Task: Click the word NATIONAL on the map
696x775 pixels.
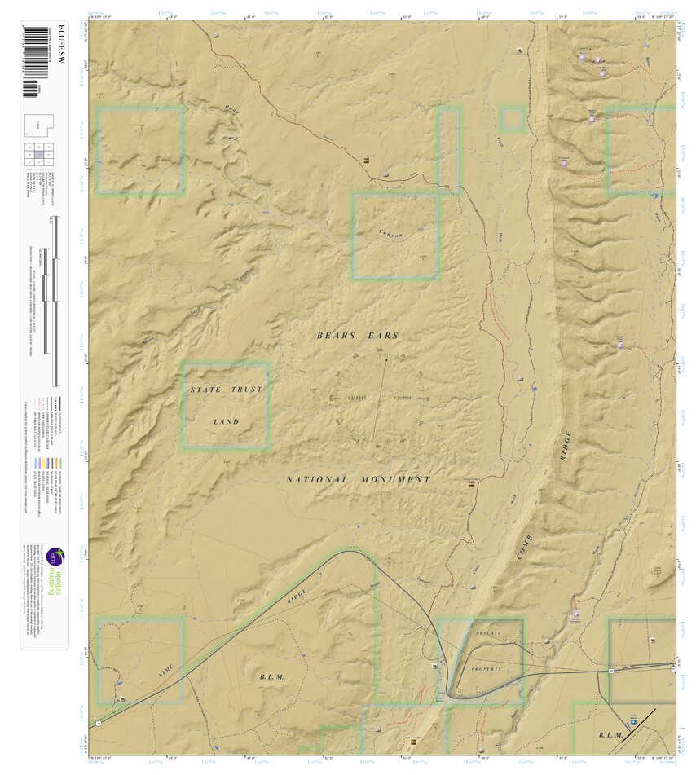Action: (x=317, y=480)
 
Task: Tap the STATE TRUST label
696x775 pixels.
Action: (x=227, y=390)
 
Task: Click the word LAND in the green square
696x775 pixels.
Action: (x=226, y=422)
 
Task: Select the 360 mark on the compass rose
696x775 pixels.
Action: (x=379, y=351)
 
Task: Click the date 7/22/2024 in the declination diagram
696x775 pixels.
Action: (x=404, y=398)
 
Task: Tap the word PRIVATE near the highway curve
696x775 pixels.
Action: (x=487, y=632)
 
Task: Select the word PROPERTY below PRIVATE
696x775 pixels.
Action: (x=487, y=669)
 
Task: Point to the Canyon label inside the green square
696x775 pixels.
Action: (x=391, y=235)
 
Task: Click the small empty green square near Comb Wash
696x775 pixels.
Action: (x=512, y=119)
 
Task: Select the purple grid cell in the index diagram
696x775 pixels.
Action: (x=38, y=154)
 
